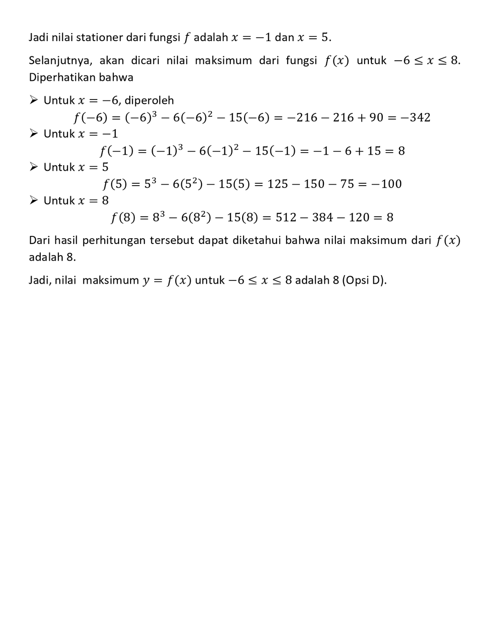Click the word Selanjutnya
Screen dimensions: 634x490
[60, 61]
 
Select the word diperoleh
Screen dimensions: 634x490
[149, 100]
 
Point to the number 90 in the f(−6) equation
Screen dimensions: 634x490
[376, 118]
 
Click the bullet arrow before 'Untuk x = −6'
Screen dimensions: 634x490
[33, 100]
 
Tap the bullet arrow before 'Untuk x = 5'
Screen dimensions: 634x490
[33, 167]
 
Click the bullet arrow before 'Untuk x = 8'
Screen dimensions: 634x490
[33, 200]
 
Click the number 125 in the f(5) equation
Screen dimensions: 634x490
[278, 184]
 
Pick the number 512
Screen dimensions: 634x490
[286, 218]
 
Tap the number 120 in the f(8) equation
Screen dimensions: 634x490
[359, 218]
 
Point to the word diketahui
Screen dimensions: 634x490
[256, 241]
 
